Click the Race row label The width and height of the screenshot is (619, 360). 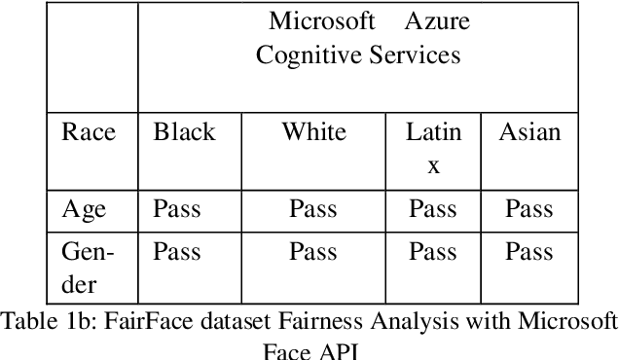tap(89, 131)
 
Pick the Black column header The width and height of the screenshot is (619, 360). tap(184, 131)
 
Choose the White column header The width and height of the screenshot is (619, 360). tap(313, 131)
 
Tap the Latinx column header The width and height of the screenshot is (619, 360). tap(433, 147)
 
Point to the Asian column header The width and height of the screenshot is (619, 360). tap(529, 131)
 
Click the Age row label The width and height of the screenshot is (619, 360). tap(84, 208)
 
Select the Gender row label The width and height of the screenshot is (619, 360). tap(87, 268)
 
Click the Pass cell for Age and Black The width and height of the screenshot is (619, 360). tap(176, 208)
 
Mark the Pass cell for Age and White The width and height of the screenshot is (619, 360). tap(313, 208)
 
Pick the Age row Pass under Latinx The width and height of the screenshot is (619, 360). tap(432, 208)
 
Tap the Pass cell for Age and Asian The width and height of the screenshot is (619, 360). tap(528, 208)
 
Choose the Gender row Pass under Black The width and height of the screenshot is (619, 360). tap(176, 252)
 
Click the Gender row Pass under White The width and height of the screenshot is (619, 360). tap(313, 252)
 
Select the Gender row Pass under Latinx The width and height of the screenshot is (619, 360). tap(432, 252)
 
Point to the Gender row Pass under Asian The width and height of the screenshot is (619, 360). tap(528, 252)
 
